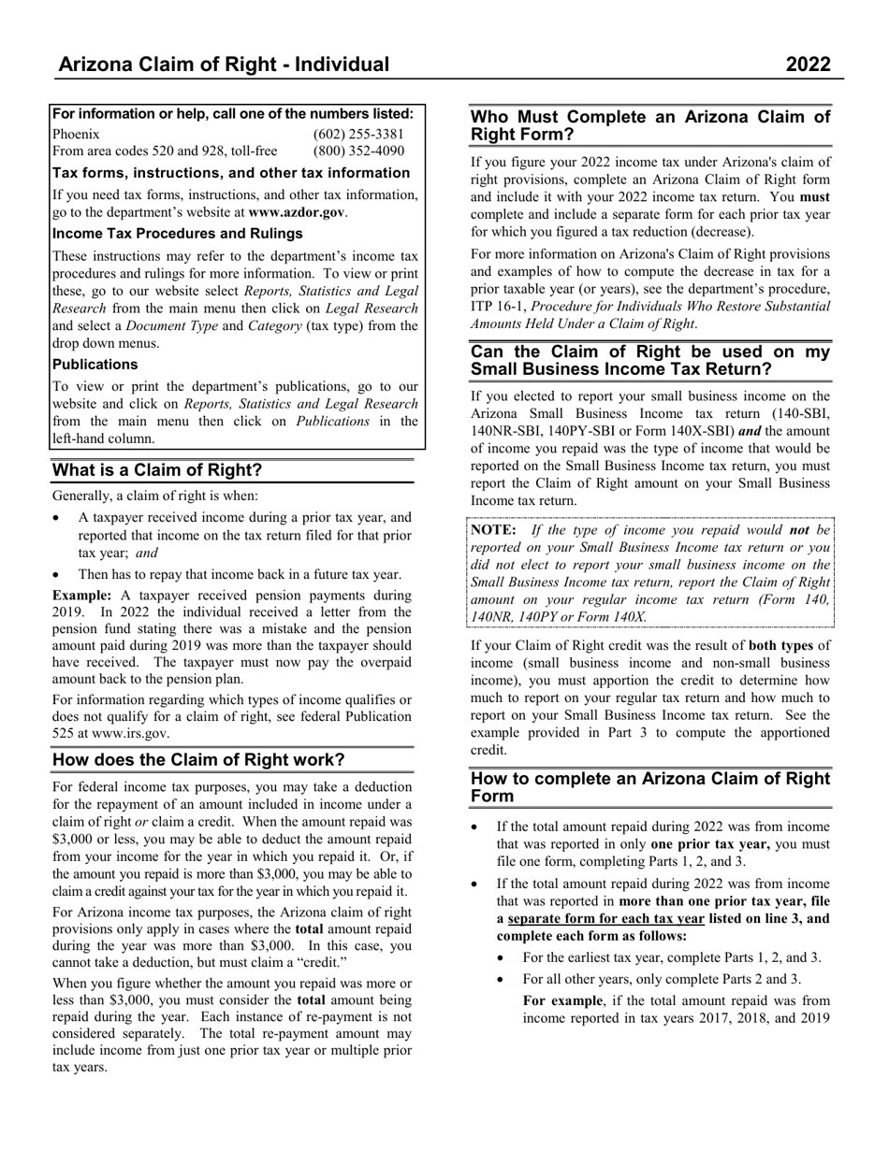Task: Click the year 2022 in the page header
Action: pos(808,65)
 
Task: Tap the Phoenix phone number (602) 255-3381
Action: pos(358,134)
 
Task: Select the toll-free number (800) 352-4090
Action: pos(358,151)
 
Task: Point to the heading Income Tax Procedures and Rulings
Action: pos(177,234)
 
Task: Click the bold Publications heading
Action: pos(95,365)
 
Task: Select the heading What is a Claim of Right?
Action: pos(157,470)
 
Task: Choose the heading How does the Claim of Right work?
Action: pos(198,759)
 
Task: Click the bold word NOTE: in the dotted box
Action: pos(493,530)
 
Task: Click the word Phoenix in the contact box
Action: pos(76,134)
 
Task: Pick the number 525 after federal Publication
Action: pos(65,734)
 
